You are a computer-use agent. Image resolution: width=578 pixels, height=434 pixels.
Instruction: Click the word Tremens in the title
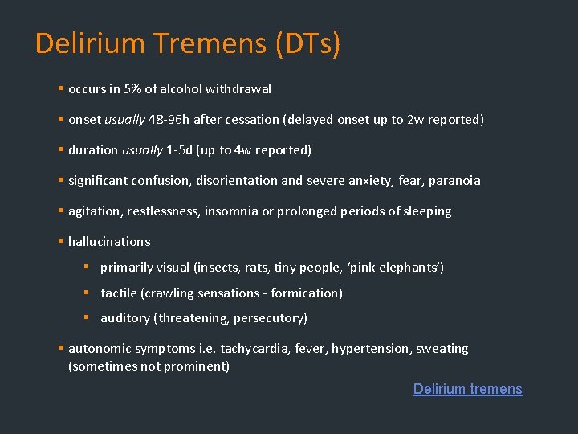pyautogui.click(x=211, y=43)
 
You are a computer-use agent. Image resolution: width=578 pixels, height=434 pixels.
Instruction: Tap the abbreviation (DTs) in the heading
pyautogui.click(x=307, y=43)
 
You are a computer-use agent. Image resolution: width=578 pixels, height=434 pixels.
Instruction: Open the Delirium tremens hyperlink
pyautogui.click(x=467, y=389)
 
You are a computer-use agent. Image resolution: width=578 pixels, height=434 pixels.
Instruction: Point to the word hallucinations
pyautogui.click(x=109, y=242)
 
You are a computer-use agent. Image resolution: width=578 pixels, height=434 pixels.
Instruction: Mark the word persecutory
pyautogui.click(x=270, y=318)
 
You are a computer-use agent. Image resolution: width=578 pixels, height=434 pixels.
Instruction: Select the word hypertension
pyautogui.click(x=368, y=349)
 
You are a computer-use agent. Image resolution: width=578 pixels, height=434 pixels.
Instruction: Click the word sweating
pyautogui.click(x=442, y=349)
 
